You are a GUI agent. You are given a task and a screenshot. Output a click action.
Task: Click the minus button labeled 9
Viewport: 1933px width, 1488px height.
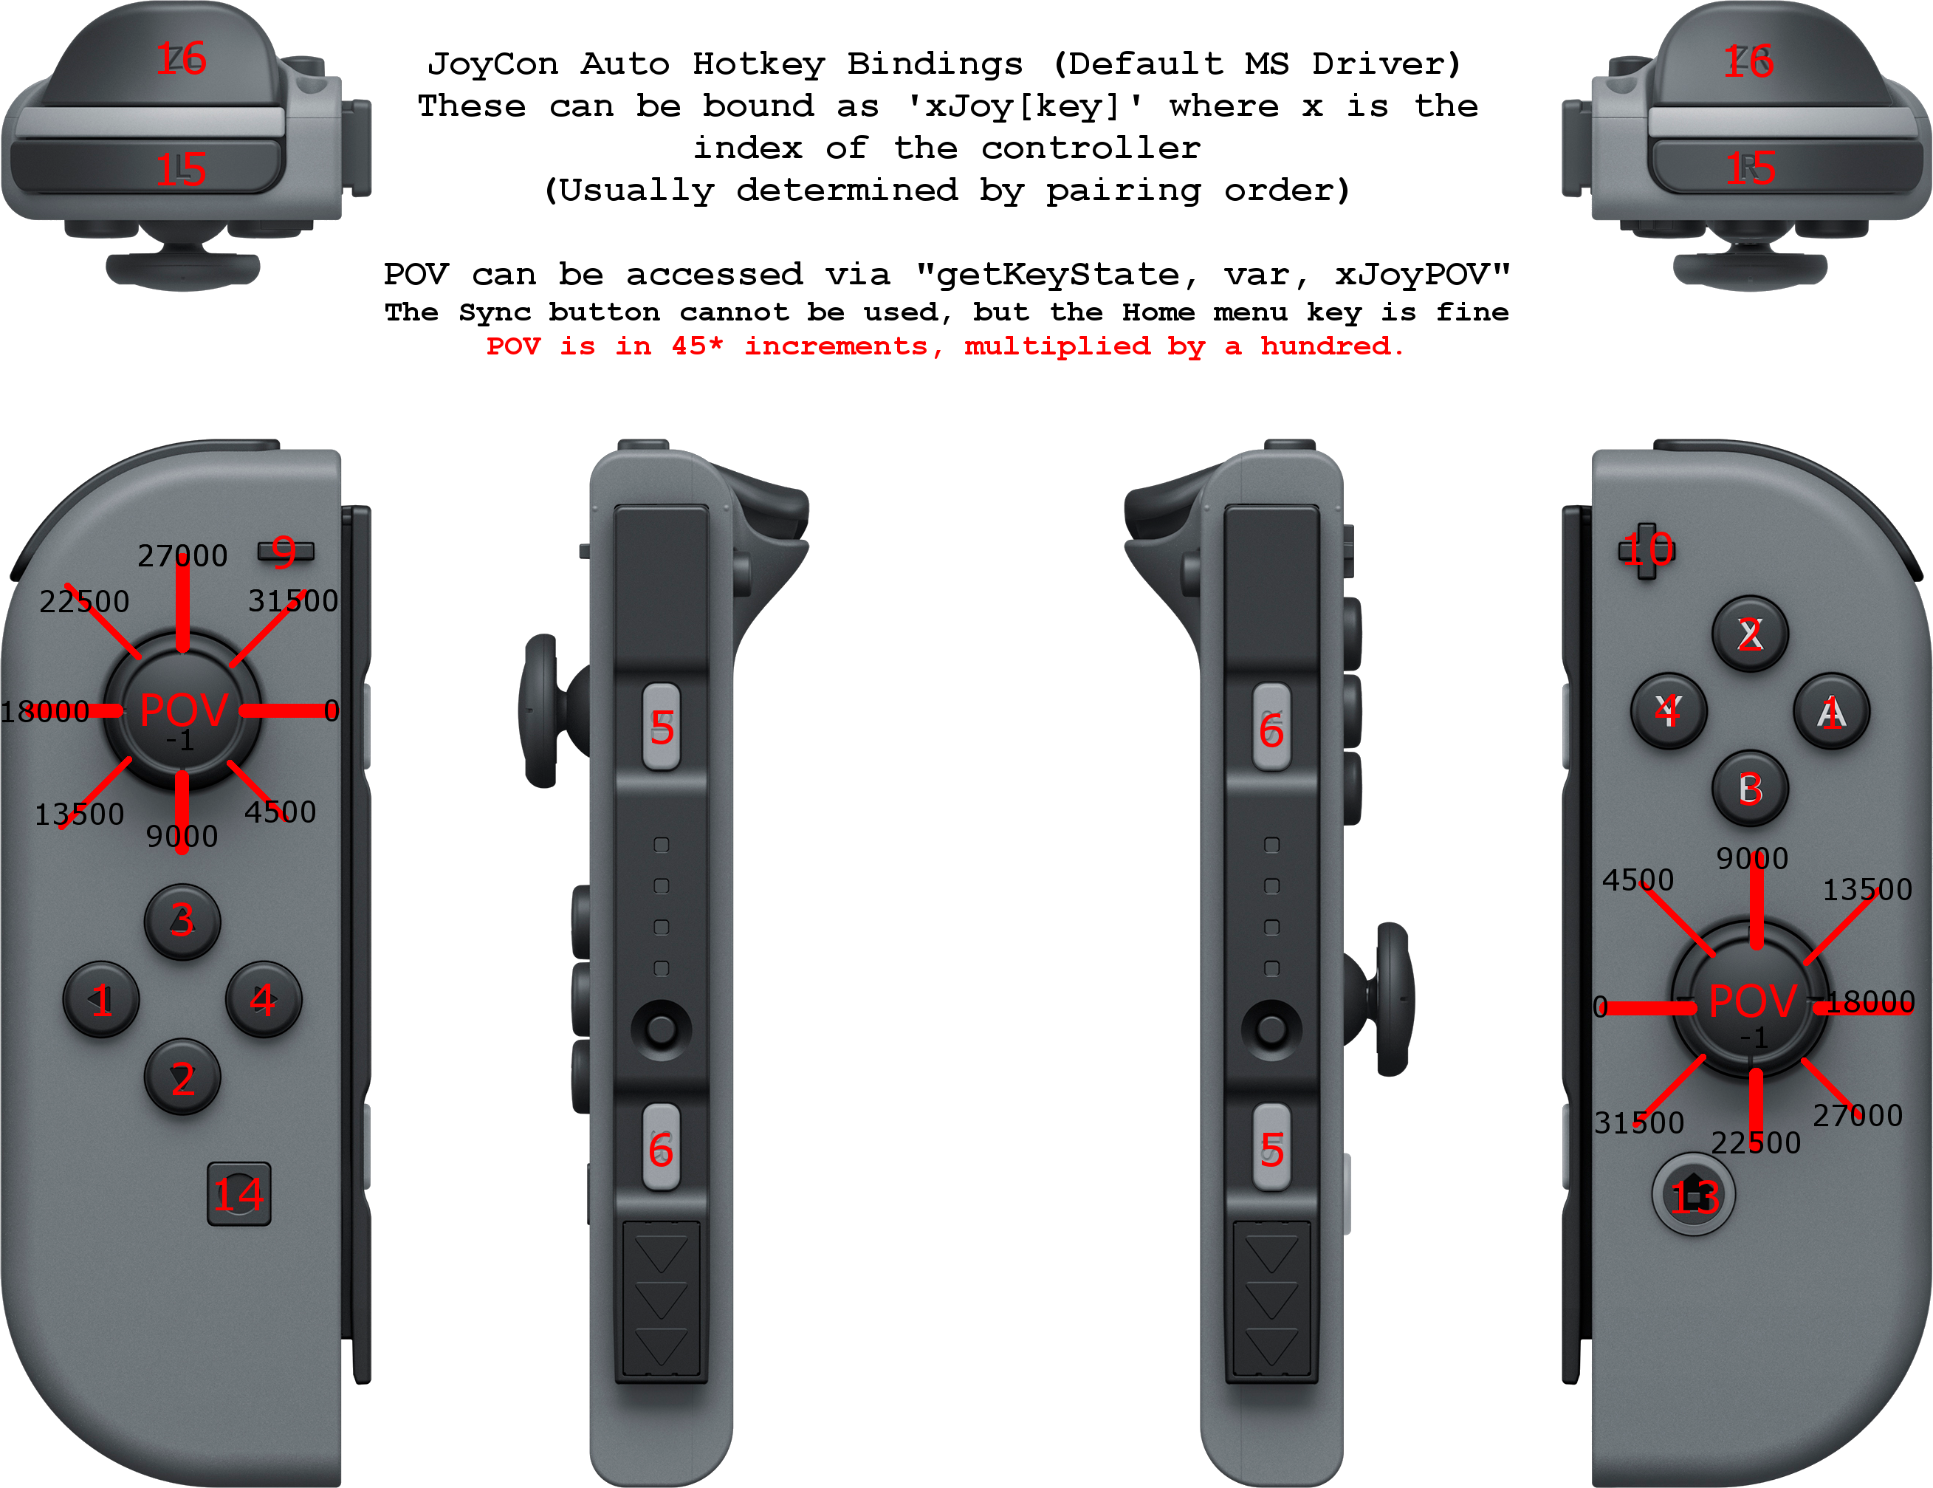coord(285,552)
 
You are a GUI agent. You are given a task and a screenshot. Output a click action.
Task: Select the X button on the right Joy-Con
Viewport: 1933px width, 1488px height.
coord(1750,634)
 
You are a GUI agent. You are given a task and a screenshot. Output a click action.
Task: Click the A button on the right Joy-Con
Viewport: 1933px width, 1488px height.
coord(1831,712)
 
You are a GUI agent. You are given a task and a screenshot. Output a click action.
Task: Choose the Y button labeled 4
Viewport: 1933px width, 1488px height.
coord(1669,711)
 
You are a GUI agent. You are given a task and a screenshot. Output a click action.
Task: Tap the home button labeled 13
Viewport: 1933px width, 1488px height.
coord(1693,1195)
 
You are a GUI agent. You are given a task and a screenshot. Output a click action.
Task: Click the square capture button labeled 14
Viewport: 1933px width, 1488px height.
coord(239,1194)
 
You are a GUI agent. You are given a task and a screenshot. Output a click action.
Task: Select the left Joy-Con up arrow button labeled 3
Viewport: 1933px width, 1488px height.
coord(182,921)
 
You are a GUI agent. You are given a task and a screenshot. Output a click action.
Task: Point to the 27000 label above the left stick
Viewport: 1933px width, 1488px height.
coord(182,556)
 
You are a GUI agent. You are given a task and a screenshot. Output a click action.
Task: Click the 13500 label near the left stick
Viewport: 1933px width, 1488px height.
coord(80,815)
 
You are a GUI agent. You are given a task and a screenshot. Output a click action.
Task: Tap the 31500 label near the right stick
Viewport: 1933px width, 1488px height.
coord(1639,1122)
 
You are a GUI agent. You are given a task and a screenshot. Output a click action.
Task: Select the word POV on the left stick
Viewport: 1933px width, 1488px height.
coord(184,710)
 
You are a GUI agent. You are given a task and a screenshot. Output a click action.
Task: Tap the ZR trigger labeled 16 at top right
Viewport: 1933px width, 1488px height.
coord(1748,61)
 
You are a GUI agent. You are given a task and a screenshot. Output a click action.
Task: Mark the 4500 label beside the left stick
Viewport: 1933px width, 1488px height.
coord(281,812)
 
